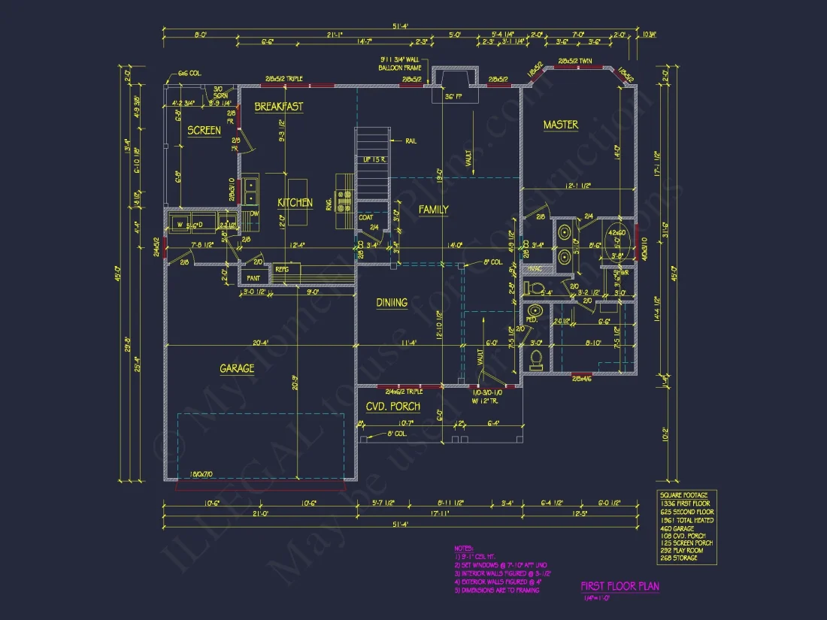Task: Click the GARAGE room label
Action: click(x=237, y=368)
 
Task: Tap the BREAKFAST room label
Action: click(x=278, y=107)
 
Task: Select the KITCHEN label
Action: click(x=295, y=203)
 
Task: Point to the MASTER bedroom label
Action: click(x=561, y=125)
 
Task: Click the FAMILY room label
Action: click(x=433, y=210)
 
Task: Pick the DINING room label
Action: click(x=392, y=303)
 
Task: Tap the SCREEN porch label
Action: click(x=204, y=130)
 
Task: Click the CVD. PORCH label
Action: click(x=392, y=407)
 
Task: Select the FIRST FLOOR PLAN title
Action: click(x=620, y=586)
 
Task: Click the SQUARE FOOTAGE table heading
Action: click(x=684, y=495)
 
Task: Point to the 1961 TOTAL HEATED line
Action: click(x=686, y=520)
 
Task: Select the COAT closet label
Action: click(x=365, y=218)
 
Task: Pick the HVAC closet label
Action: click(x=535, y=269)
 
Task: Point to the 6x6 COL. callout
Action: click(x=188, y=74)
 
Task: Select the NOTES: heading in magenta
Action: click(x=464, y=549)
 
